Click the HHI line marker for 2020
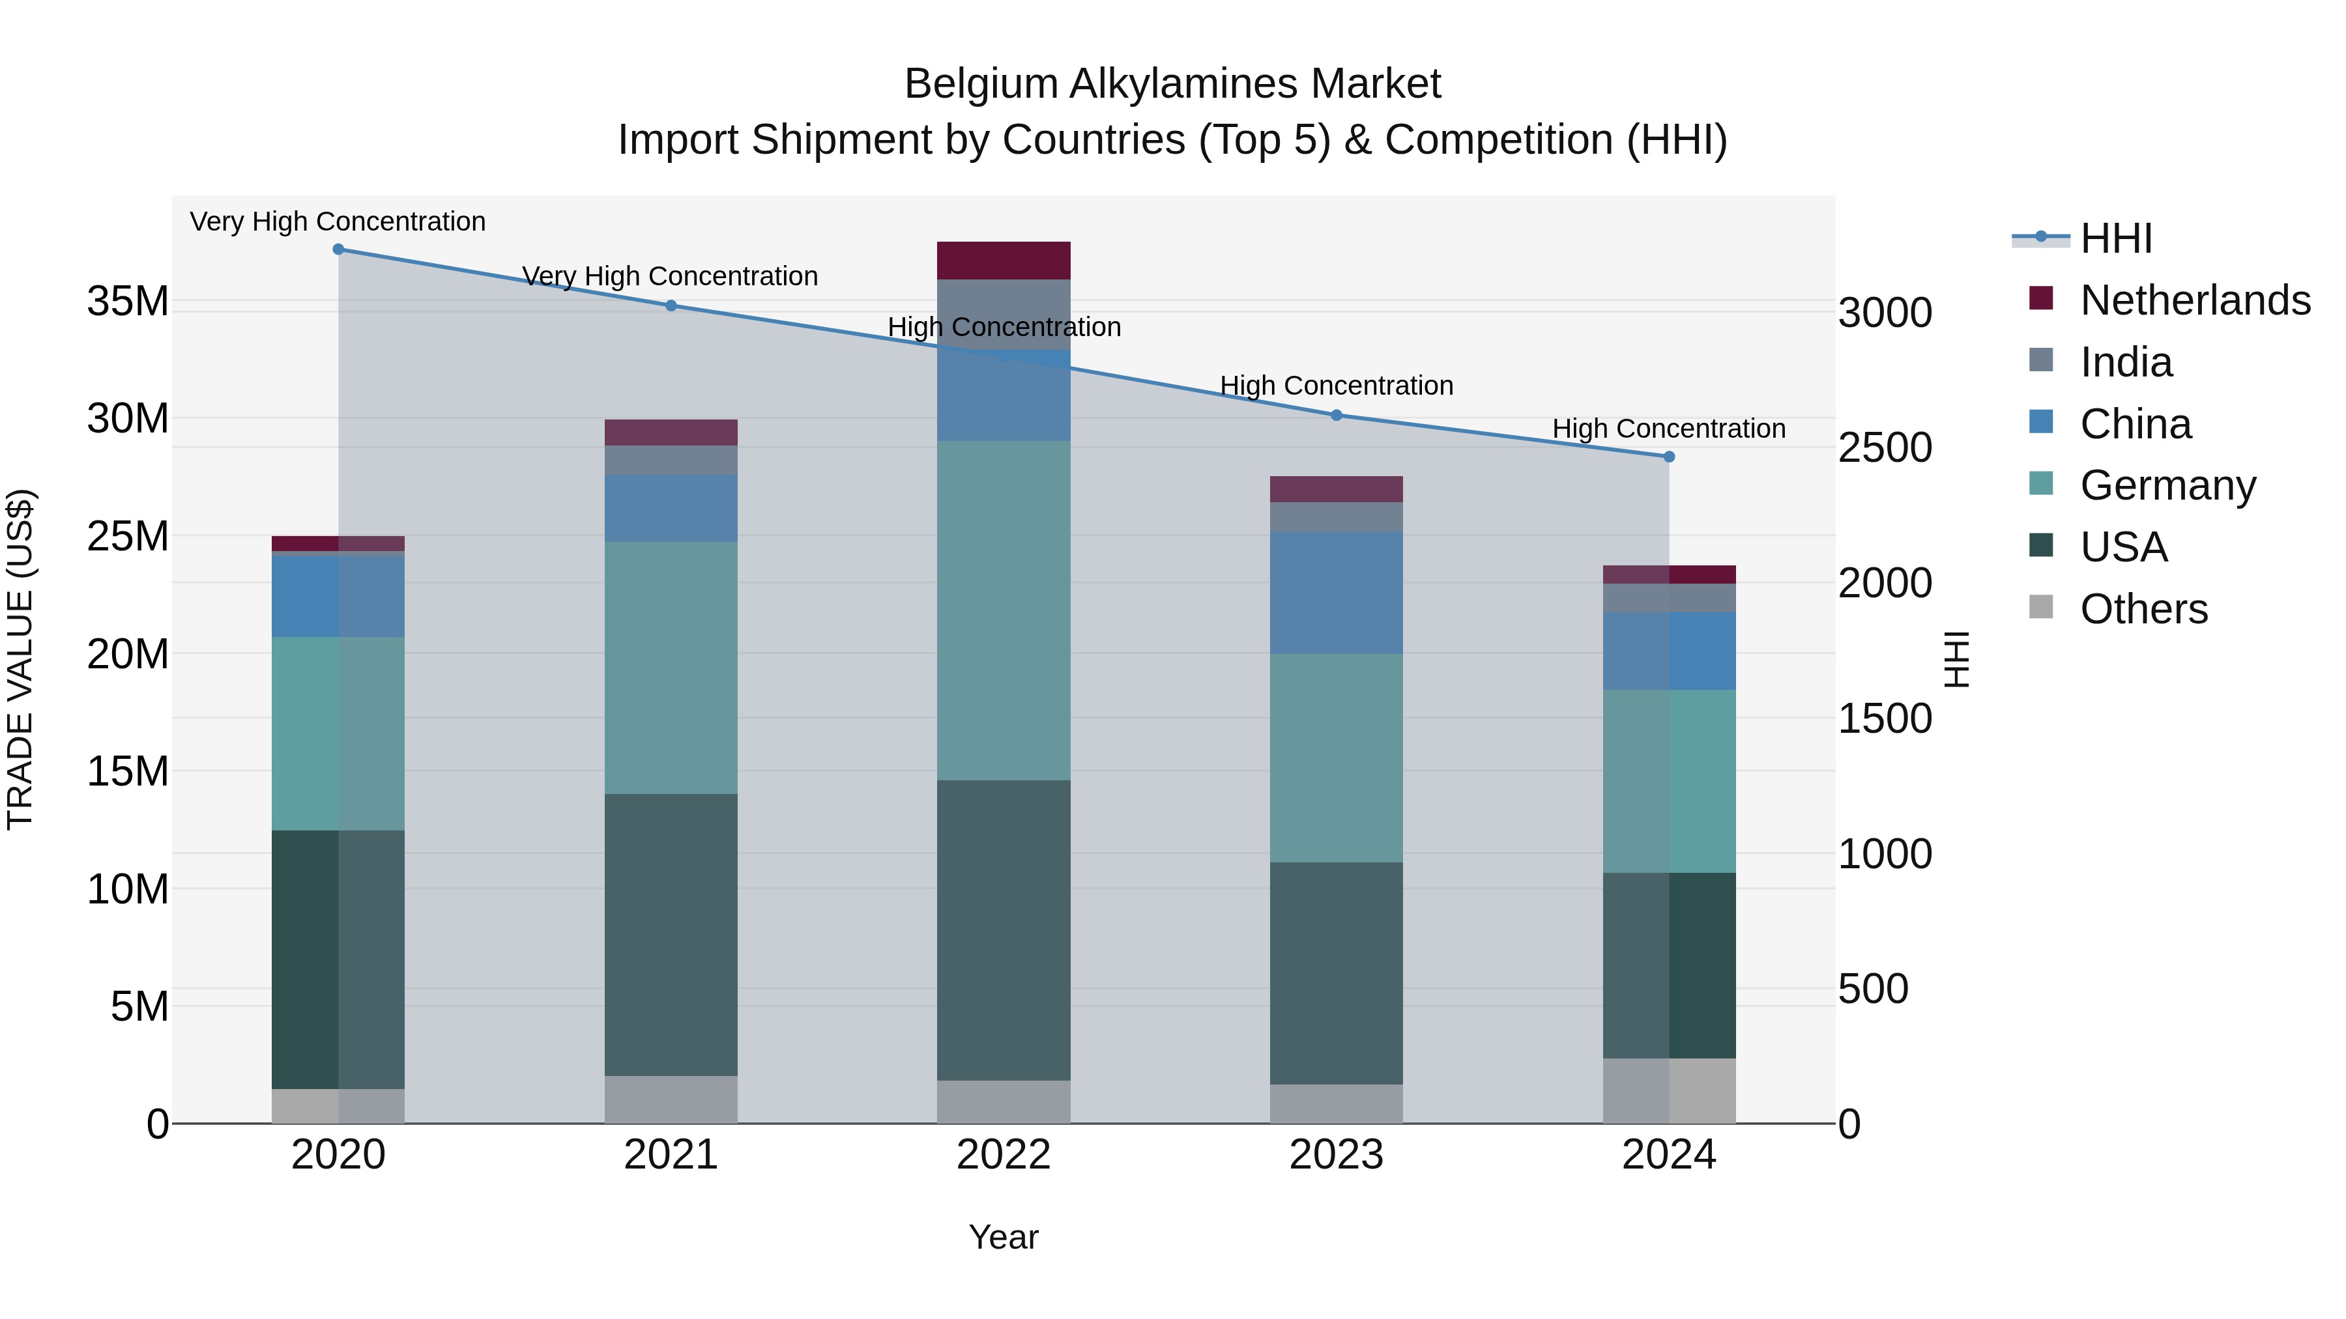(338, 249)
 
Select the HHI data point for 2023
(1336, 415)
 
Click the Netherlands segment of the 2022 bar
(1004, 261)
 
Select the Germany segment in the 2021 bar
(671, 668)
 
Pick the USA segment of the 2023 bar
(1336, 973)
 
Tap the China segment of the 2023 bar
(1336, 593)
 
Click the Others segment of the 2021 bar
(671, 1099)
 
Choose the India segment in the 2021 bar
(671, 460)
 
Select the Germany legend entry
(2167, 485)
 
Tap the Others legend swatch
(2041, 607)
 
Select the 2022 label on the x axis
(1004, 1155)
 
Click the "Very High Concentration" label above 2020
(338, 222)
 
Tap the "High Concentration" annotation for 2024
(1668, 429)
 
